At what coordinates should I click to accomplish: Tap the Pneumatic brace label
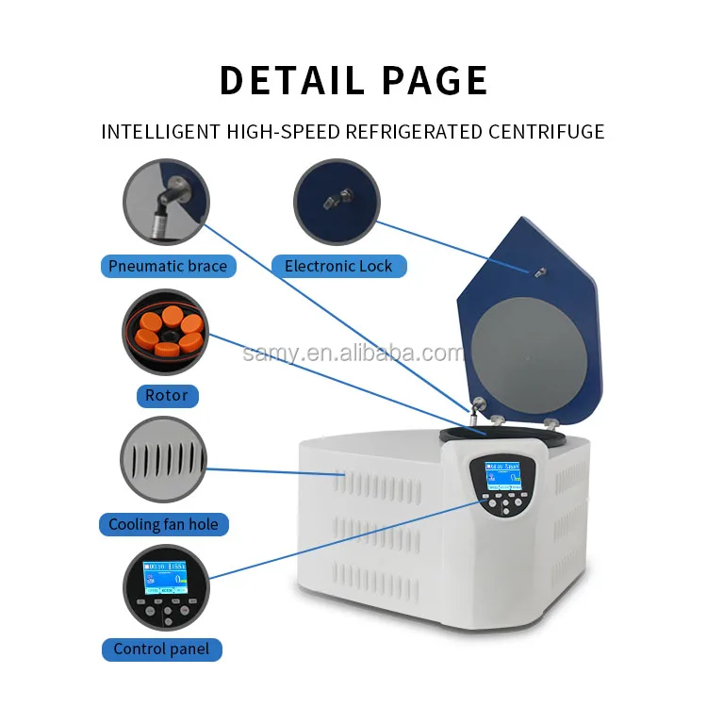(168, 266)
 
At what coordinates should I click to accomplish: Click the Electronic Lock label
(338, 266)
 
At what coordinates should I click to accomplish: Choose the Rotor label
(166, 395)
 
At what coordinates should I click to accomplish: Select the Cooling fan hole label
(163, 524)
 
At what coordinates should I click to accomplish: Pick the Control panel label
(161, 649)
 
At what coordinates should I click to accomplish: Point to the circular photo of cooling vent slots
(164, 460)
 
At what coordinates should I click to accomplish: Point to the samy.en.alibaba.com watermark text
(353, 353)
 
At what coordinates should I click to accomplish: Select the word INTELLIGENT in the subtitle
(159, 132)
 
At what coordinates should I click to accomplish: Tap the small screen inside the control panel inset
(164, 577)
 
